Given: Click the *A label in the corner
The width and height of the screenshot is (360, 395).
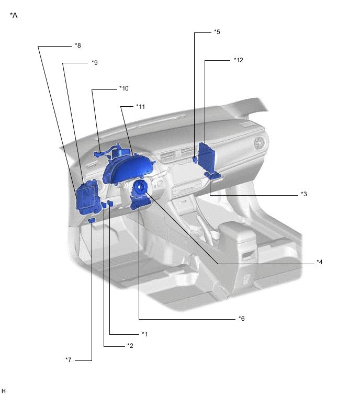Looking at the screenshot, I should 14,16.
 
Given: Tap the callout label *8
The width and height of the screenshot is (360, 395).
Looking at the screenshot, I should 77,46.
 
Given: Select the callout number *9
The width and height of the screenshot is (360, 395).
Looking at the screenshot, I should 94,63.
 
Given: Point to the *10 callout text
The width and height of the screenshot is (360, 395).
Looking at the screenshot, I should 123,88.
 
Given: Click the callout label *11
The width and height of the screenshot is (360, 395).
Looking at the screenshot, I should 140,107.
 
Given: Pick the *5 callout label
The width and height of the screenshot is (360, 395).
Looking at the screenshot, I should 217,32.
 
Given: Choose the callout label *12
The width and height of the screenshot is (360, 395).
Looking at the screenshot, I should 238,60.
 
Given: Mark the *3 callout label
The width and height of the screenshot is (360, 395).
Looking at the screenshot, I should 303,194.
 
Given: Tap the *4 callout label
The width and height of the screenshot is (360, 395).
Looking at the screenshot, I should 319,262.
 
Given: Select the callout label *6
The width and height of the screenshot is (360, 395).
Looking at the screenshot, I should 241,318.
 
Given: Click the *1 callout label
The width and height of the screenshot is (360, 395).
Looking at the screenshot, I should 145,334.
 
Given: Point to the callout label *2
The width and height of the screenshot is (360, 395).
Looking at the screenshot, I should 130,346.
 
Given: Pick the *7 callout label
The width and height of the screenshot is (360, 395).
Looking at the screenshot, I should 69,359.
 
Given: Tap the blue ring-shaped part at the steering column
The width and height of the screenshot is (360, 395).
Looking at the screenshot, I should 141,186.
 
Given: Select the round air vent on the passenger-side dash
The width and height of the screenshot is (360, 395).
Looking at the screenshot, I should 260,142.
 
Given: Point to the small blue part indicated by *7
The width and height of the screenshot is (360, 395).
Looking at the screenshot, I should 92,221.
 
